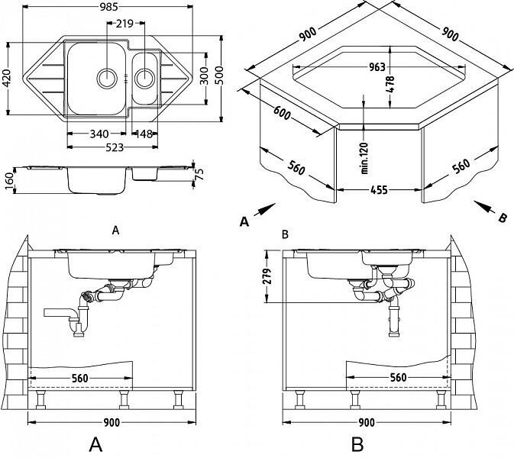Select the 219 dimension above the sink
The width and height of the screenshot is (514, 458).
125,24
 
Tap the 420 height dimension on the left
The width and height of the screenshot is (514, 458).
8,75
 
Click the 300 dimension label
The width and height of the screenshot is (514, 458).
203,74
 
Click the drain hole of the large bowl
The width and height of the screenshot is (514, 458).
106,76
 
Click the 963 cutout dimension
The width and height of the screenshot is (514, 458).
377,66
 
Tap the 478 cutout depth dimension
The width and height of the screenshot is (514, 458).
390,83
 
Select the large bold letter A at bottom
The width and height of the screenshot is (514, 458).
95,443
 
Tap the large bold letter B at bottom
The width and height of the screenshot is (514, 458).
357,443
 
